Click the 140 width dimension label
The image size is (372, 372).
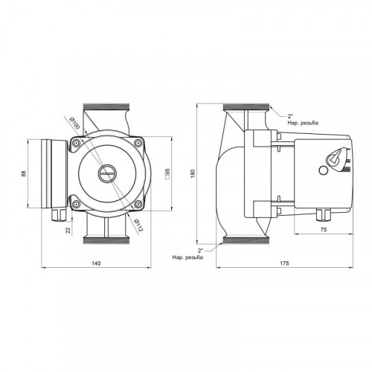point(96,263)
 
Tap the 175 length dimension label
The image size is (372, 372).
point(285,263)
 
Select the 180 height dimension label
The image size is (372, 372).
point(193,173)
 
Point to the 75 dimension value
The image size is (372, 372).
point(324,230)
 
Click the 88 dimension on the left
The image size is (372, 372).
point(24,173)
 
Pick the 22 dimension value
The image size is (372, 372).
point(68,231)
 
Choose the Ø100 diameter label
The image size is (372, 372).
point(74,123)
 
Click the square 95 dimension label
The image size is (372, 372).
point(167,173)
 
